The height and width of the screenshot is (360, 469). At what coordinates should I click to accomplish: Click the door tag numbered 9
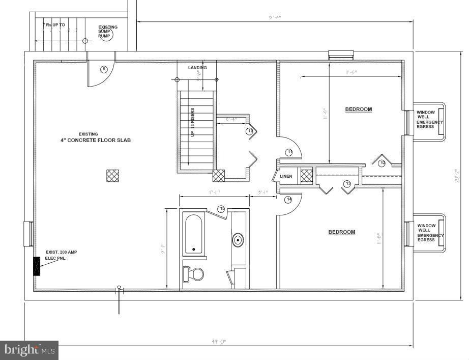(104, 69)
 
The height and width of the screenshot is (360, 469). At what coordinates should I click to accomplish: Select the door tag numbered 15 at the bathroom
(221, 209)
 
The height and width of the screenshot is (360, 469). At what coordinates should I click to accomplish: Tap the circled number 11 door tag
(289, 152)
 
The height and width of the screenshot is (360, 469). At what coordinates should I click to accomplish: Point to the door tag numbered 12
(383, 162)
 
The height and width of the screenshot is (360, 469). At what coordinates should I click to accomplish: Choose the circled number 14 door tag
(288, 199)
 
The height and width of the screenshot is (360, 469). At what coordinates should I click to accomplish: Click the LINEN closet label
(286, 176)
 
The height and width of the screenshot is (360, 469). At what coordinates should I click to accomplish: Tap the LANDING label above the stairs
(197, 68)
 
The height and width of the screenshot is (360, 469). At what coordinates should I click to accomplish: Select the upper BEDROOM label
(358, 109)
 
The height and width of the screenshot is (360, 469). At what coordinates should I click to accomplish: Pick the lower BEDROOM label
(341, 232)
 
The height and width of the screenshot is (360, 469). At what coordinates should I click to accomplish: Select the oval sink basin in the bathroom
(238, 239)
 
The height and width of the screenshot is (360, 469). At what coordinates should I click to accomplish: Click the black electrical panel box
(37, 266)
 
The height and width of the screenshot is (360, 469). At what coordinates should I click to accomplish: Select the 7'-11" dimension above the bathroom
(214, 192)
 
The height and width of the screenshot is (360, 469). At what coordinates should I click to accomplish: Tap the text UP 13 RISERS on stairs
(193, 122)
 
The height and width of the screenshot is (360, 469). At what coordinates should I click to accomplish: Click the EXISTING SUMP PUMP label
(107, 32)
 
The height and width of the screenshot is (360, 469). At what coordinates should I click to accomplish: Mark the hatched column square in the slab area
(112, 176)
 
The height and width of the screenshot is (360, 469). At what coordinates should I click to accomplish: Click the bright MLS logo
(30, 350)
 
